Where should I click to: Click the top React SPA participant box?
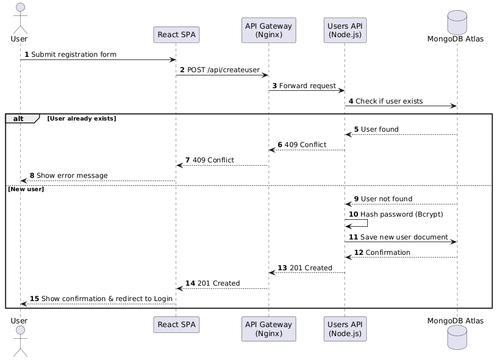point(176,35)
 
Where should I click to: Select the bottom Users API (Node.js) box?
point(344,329)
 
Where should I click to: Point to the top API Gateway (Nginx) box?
point(269,30)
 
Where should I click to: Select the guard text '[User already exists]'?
point(81,118)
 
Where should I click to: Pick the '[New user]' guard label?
point(25,189)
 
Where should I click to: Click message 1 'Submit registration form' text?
point(74,55)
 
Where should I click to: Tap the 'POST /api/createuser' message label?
point(223,70)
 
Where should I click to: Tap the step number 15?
point(34,299)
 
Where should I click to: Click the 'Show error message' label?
point(72,175)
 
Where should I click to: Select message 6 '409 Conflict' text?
point(305,144)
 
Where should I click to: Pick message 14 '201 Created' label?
point(218,283)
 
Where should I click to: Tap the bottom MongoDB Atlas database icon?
point(456,338)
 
